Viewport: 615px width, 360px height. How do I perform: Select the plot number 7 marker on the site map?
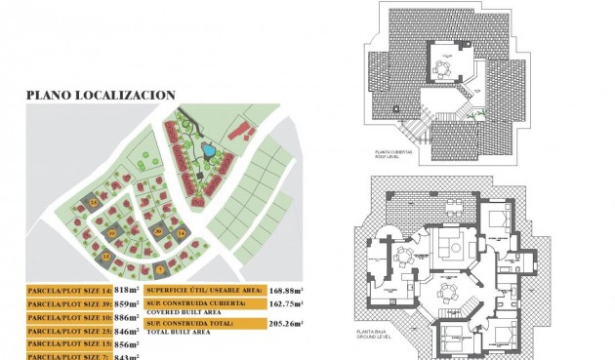pyautogui.click(x=160, y=268)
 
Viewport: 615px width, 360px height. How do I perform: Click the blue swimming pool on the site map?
pyautogui.click(x=208, y=151)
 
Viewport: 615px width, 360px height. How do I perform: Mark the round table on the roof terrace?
pyautogui.click(x=443, y=68)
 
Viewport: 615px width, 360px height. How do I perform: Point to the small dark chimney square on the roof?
pyautogui.click(x=395, y=106)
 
